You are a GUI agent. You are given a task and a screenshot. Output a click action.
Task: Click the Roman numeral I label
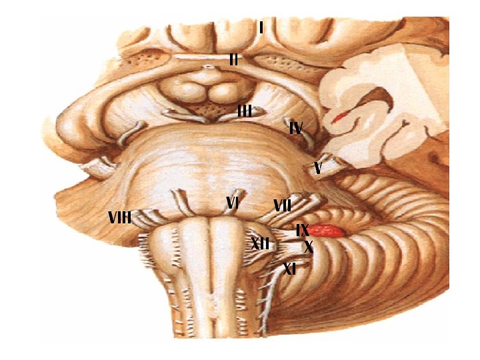click(262, 28)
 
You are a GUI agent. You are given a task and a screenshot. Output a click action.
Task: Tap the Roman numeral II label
click(233, 59)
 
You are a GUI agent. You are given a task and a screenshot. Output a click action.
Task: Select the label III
click(245, 111)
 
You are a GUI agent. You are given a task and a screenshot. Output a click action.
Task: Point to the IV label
click(297, 127)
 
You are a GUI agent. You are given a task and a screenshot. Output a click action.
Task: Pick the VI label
click(232, 203)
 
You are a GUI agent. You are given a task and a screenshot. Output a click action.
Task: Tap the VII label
click(282, 207)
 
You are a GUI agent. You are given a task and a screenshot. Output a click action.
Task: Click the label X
click(309, 247)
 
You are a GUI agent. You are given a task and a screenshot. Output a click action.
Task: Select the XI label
click(290, 269)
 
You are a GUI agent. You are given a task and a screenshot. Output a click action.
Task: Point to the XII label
click(261, 243)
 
